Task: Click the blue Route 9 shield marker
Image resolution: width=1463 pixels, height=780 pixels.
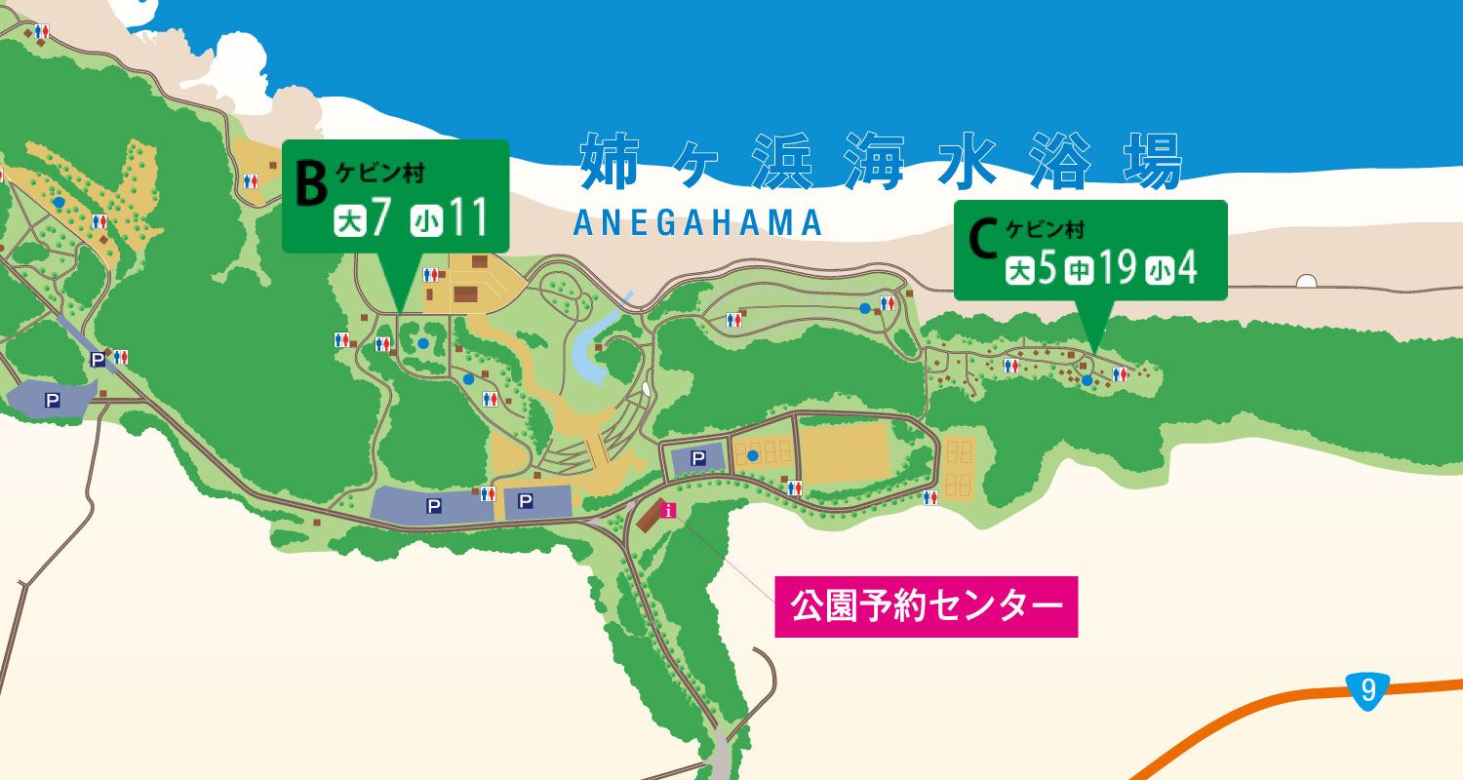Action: [1368, 690]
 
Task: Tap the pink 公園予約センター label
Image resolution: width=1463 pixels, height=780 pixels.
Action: [926, 606]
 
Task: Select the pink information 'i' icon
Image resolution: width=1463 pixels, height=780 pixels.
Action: [668, 510]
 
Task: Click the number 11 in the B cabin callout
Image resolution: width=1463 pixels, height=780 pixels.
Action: [467, 220]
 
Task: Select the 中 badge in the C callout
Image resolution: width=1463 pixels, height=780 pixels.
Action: [1078, 270]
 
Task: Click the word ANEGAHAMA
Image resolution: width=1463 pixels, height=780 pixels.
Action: [698, 223]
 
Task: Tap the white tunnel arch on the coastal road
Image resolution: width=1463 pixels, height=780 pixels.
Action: [1306, 282]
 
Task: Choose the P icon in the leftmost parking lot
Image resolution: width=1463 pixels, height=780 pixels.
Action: [52, 400]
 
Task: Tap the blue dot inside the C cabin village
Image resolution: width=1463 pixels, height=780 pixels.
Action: [1087, 380]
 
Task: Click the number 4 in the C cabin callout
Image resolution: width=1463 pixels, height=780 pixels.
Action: [1187, 269]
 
